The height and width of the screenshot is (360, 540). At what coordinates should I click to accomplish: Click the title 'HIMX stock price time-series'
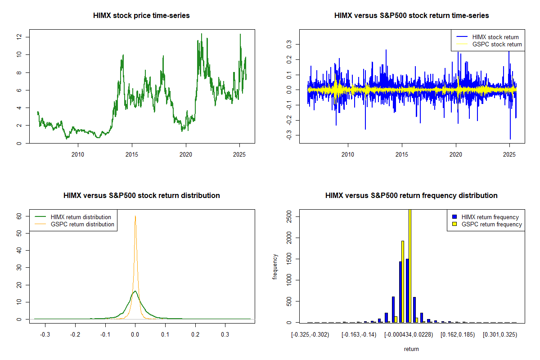(x=141, y=16)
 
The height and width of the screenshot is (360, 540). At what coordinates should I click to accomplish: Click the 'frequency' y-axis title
(x=275, y=267)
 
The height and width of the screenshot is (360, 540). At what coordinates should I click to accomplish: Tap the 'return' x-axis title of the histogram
(x=411, y=349)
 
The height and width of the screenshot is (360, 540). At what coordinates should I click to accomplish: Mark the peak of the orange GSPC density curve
(x=135, y=216)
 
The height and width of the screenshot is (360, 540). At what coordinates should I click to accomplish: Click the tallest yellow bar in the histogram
(x=409, y=265)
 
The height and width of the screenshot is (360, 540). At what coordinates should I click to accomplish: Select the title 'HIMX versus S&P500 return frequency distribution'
(x=411, y=196)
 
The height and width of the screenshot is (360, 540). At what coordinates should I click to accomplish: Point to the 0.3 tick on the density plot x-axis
(x=225, y=335)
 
